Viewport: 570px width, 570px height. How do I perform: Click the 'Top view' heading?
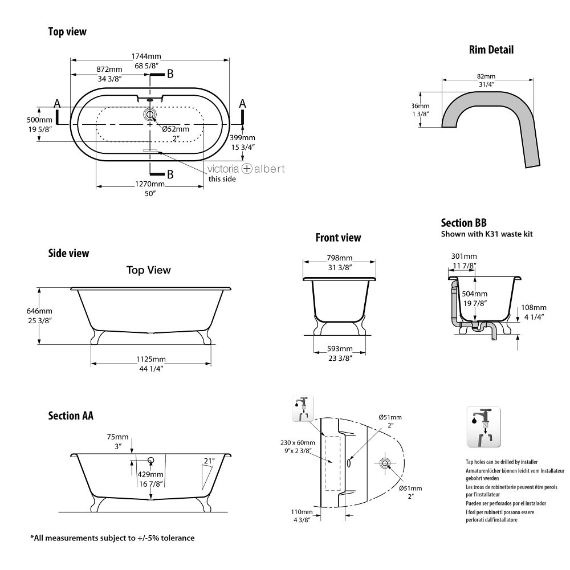(x=67, y=32)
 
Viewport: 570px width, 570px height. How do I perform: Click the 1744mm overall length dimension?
(x=146, y=56)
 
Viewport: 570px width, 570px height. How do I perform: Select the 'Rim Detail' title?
(x=491, y=50)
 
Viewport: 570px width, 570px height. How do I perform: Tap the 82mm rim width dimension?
(x=486, y=76)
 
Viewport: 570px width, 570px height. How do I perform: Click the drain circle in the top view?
(x=150, y=115)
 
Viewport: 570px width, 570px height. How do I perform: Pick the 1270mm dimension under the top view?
(x=150, y=184)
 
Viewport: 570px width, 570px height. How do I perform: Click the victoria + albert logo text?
(x=246, y=169)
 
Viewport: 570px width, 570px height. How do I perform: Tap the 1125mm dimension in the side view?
(x=150, y=359)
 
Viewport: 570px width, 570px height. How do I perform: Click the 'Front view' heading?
(x=338, y=238)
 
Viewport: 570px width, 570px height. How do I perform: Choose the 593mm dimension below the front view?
(x=339, y=349)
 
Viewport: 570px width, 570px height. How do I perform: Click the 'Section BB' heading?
(x=463, y=223)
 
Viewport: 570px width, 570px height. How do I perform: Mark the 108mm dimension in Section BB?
(x=535, y=308)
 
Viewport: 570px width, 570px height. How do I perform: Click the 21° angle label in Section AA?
(x=209, y=461)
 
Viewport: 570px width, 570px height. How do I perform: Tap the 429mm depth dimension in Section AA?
(x=151, y=474)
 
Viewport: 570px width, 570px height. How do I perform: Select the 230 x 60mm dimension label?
(x=298, y=443)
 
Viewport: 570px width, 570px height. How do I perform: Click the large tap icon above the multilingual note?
(x=483, y=427)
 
